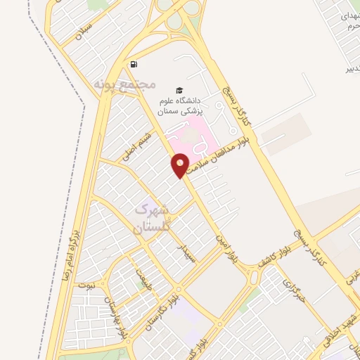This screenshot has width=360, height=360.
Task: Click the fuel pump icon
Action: (x=134, y=64)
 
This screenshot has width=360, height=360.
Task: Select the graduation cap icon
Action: (x=180, y=90)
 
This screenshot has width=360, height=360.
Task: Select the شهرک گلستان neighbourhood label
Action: (x=151, y=218)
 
